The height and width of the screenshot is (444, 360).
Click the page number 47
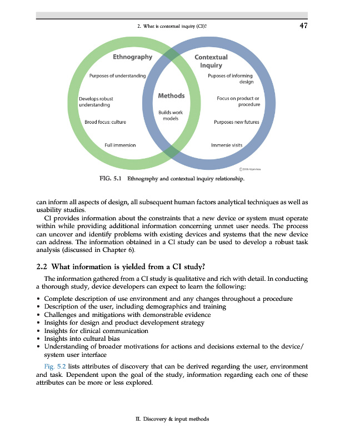click(303, 25)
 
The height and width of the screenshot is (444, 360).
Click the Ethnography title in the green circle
click(132, 57)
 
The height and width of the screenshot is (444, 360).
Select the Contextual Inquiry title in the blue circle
click(211, 61)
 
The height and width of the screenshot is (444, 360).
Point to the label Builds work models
click(171, 115)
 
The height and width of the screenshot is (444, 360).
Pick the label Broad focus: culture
click(105, 122)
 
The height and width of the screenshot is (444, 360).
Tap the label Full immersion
click(120, 145)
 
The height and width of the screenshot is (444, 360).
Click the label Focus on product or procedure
click(238, 102)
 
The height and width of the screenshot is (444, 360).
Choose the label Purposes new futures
click(236, 122)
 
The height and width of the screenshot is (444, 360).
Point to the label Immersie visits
click(227, 145)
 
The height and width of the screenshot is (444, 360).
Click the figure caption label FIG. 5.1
click(111, 179)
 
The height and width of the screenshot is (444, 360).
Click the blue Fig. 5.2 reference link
click(54, 367)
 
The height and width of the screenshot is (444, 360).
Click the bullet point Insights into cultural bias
click(82, 339)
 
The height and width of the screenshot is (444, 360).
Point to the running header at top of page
click(172, 26)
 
